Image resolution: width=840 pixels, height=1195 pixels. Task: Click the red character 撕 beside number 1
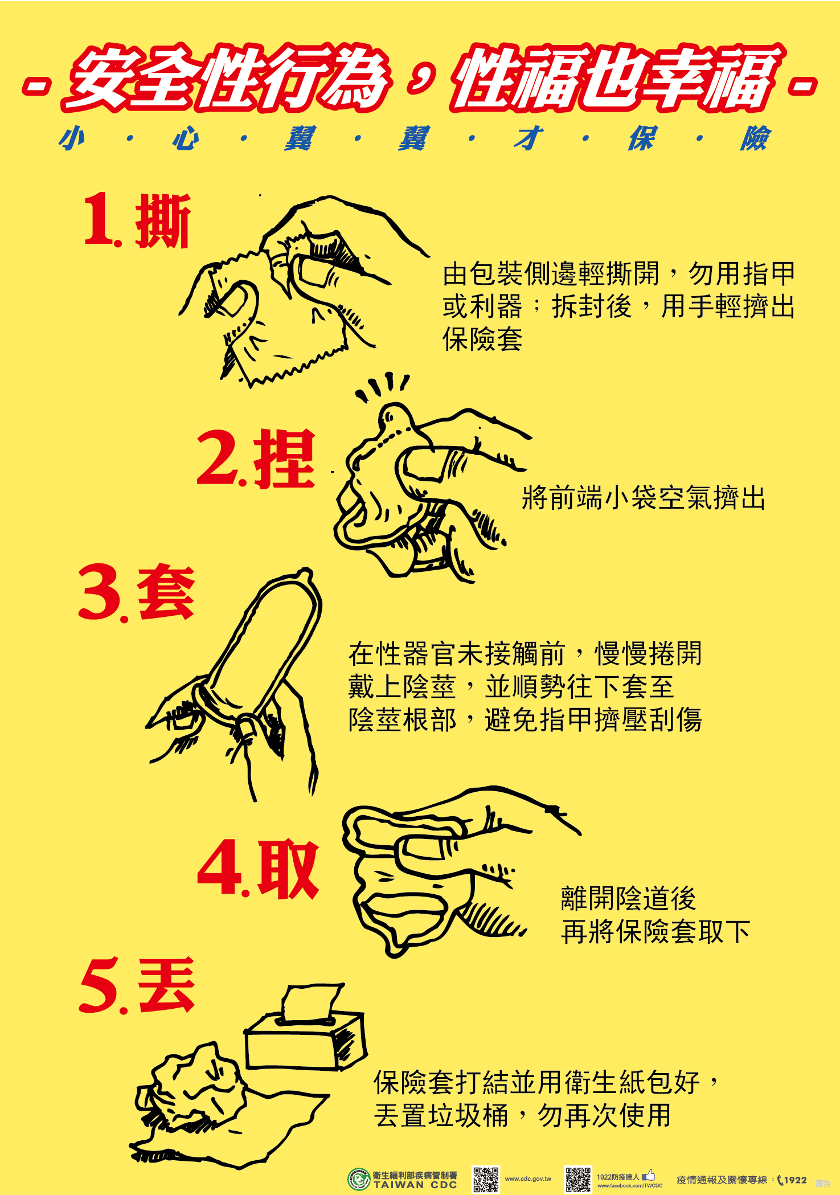162,221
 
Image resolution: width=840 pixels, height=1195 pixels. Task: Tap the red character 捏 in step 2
284,459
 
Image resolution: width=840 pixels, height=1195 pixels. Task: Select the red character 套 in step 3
166,592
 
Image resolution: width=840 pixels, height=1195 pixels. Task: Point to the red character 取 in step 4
288,869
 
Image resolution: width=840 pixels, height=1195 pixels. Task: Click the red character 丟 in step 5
166,985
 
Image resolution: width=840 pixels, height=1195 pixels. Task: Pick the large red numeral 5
99,985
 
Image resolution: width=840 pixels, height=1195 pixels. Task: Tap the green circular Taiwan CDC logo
359,1179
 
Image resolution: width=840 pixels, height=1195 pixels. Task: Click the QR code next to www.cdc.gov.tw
486,1179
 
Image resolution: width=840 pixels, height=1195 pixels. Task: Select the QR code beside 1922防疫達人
577,1179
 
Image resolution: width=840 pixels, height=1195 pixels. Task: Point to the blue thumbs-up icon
649,1175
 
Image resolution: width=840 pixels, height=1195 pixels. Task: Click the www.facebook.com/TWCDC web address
630,1185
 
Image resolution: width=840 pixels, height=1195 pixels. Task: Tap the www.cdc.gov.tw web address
528,1179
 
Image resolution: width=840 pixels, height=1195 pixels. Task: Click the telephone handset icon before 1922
781,1180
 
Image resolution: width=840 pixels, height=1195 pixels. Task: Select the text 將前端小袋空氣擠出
644,498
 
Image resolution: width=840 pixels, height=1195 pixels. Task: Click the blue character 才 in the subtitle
528,138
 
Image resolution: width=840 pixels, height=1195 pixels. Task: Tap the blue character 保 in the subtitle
642,138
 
